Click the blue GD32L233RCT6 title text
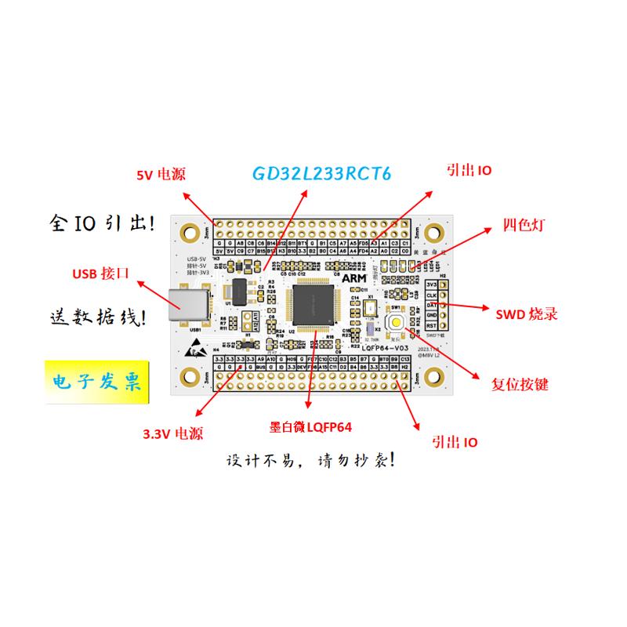pyautogui.click(x=321, y=173)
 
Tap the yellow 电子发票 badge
pyautogui.click(x=96, y=382)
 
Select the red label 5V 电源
pyautogui.click(x=161, y=175)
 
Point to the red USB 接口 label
pyautogui.click(x=100, y=274)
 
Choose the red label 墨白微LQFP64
pyautogui.click(x=310, y=427)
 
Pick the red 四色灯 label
pyautogui.click(x=524, y=225)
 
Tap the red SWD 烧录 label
pyautogui.click(x=527, y=314)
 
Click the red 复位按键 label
pyautogui.click(x=520, y=386)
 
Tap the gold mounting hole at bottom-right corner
pyautogui.click(x=435, y=382)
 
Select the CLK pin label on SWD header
pyautogui.click(x=431, y=295)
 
